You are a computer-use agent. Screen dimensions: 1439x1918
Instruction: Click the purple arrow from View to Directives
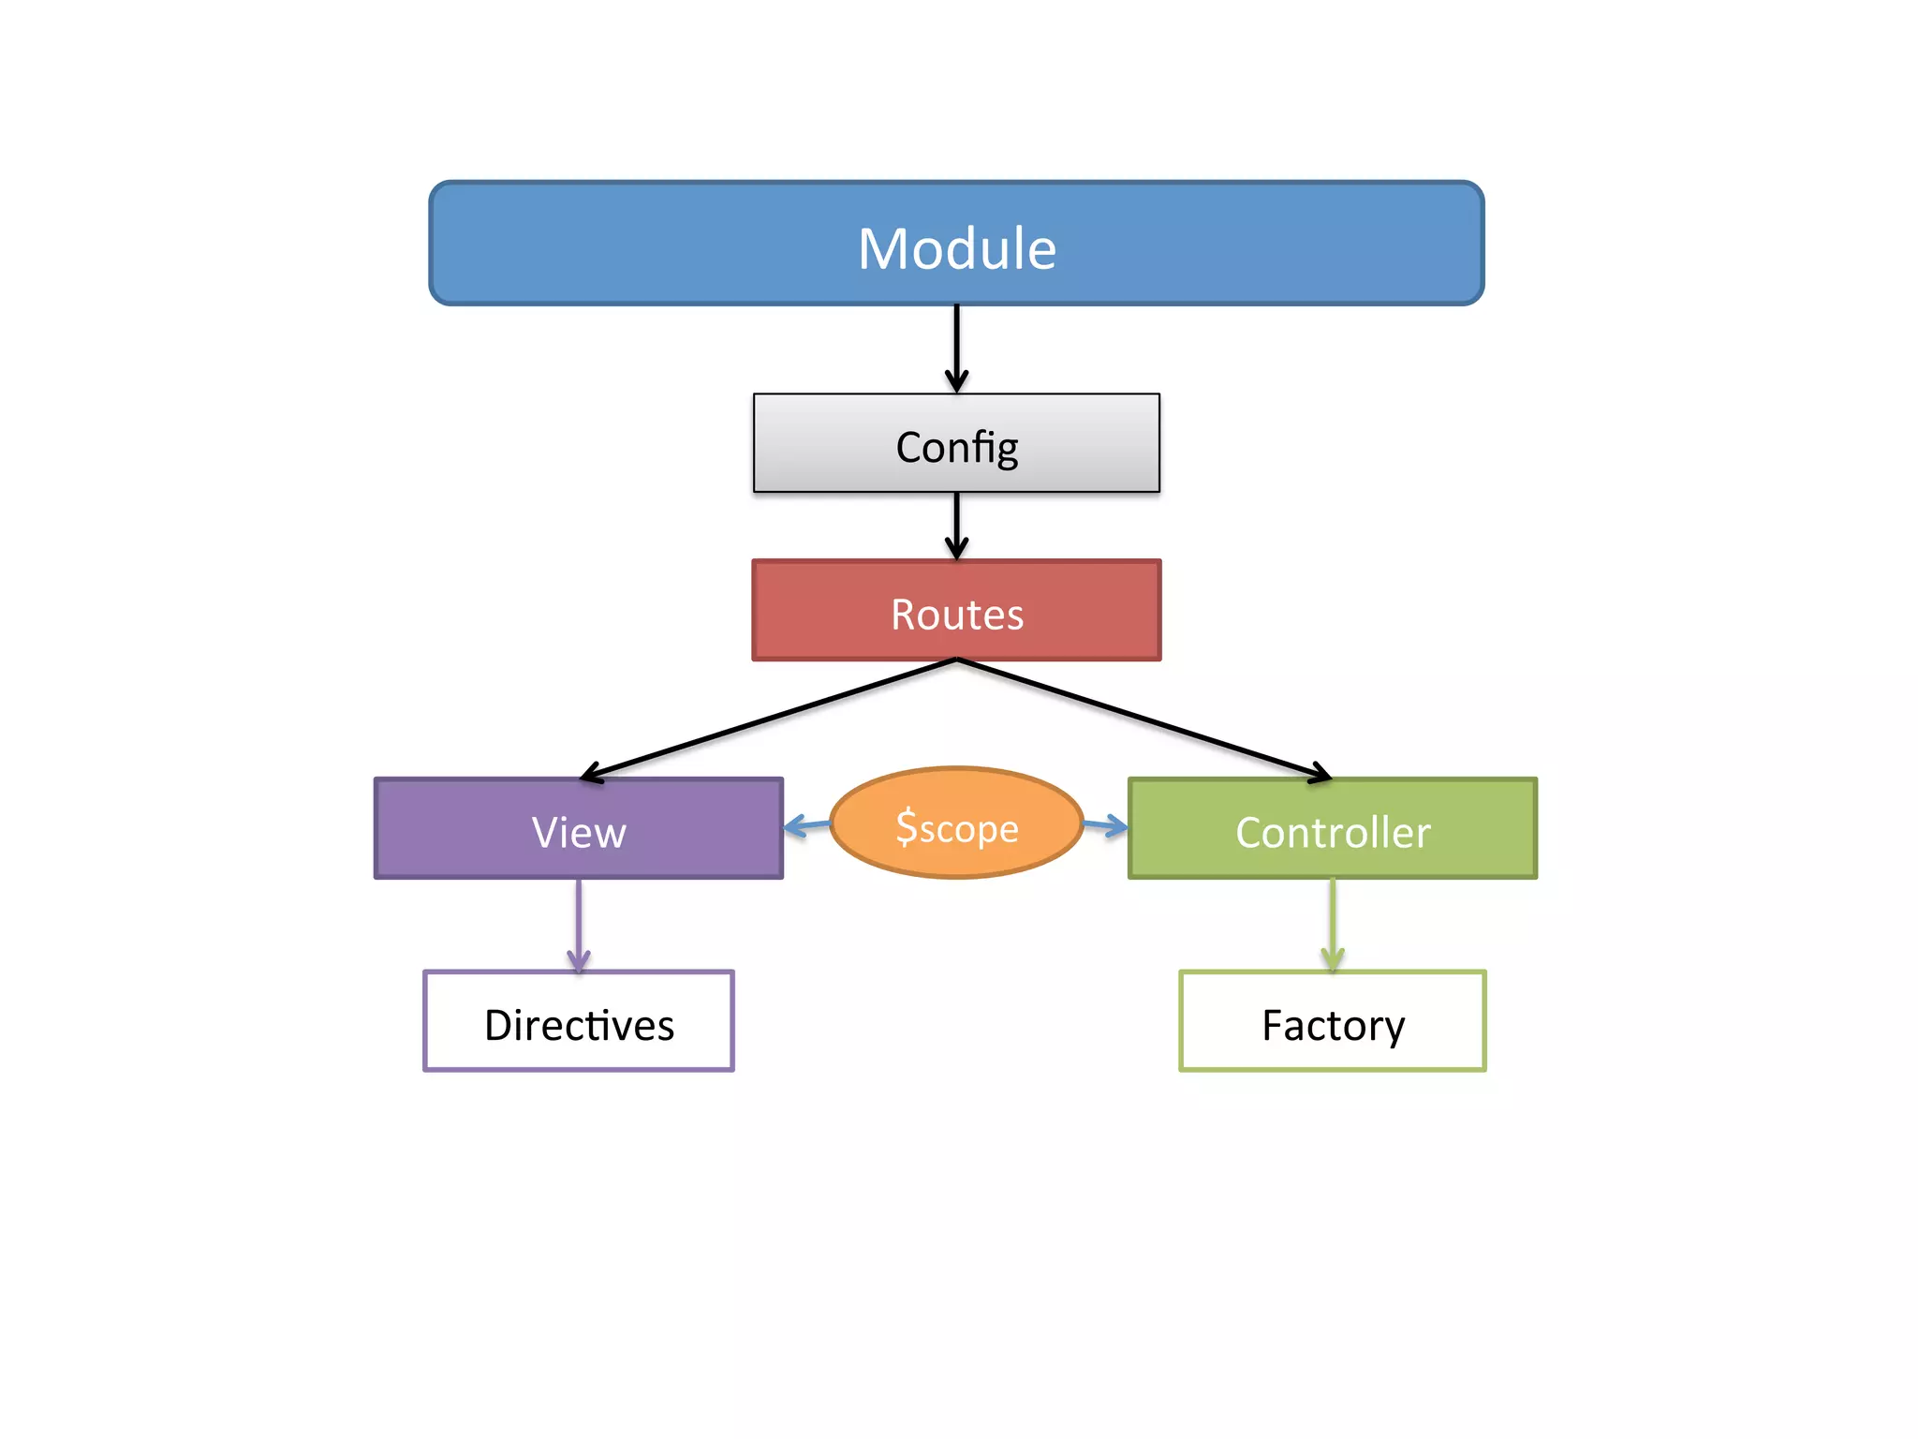(x=579, y=923)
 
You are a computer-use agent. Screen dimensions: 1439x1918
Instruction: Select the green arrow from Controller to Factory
(x=1333, y=923)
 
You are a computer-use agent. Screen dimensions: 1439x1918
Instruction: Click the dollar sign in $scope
(x=906, y=827)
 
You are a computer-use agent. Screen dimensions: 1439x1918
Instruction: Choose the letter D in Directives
(x=501, y=1024)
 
